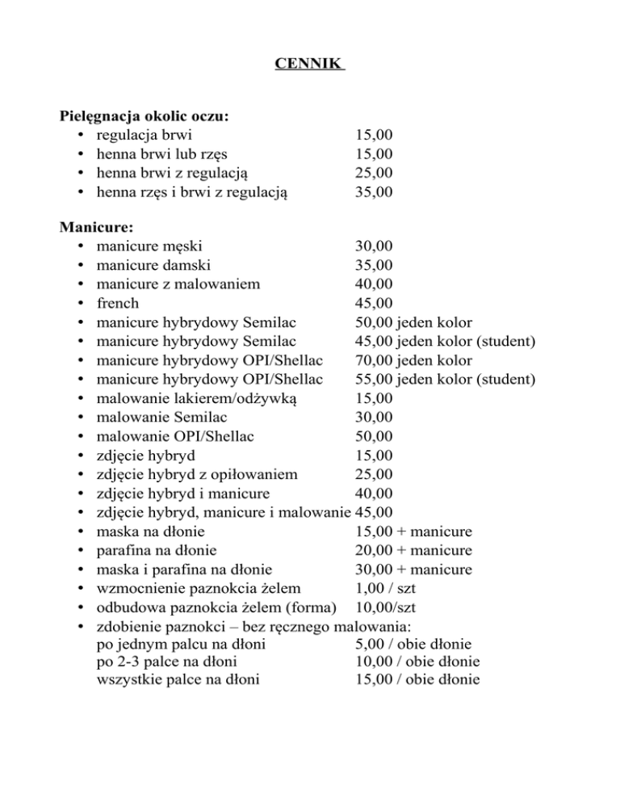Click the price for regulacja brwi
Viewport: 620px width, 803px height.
click(373, 135)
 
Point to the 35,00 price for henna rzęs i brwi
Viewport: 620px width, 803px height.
click(373, 191)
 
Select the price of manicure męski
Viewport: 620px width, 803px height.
click(373, 247)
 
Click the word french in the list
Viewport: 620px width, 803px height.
click(117, 304)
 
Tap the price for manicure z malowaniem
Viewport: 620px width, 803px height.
click(373, 285)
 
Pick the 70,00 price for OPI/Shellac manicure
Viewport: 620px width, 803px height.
click(373, 360)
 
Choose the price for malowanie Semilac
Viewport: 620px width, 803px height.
click(373, 417)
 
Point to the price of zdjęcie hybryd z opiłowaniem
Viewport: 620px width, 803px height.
click(373, 473)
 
